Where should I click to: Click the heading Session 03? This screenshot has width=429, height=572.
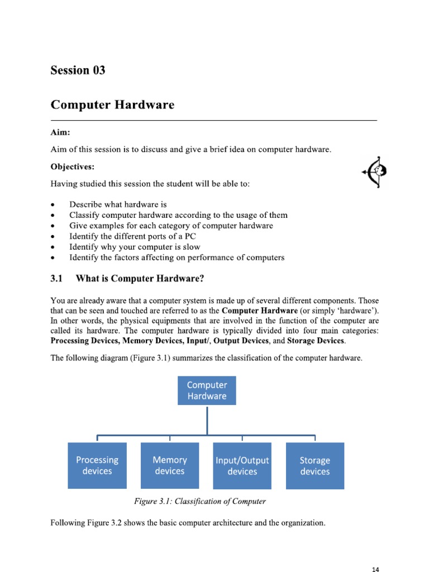78,70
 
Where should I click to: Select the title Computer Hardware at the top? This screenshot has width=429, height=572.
112,105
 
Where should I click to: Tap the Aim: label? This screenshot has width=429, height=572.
60,133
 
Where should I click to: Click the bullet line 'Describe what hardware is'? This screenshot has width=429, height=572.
118,204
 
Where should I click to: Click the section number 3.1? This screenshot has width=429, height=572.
59,278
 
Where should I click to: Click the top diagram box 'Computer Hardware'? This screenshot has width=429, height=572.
207,390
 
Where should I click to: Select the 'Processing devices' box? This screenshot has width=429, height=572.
97,466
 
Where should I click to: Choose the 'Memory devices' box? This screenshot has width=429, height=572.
170,466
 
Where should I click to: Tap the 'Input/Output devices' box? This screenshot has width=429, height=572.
242,466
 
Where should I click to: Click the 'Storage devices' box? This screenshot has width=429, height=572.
314,466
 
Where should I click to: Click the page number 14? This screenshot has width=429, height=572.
375,569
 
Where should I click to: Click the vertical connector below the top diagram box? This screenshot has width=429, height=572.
207,420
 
